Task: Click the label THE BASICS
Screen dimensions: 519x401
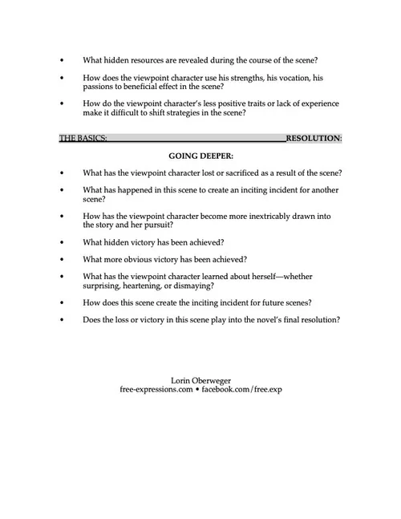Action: pyautogui.click(x=83, y=138)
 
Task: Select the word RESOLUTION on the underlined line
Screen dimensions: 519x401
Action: pyautogui.click(x=314, y=138)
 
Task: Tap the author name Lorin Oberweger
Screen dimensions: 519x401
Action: pyautogui.click(x=200, y=379)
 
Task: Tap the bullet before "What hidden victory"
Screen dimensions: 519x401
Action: pyautogui.click(x=63, y=242)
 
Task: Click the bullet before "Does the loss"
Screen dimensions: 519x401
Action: pyautogui.click(x=63, y=320)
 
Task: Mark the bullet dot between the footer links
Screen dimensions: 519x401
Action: pyautogui.click(x=196, y=388)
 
